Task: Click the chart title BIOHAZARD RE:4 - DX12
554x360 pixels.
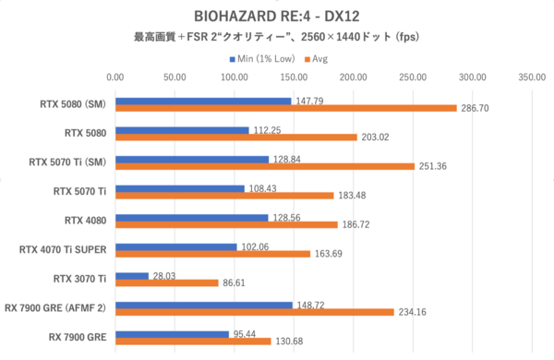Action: click(277, 16)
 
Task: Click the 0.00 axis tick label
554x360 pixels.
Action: click(116, 78)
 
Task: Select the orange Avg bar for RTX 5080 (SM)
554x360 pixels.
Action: click(286, 108)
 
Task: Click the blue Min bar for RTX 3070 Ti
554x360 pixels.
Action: click(132, 275)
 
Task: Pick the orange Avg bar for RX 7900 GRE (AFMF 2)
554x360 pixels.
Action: click(255, 312)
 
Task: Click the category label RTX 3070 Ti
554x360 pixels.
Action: click(79, 280)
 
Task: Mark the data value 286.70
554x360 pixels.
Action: click(476, 108)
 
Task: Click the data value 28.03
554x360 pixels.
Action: click(165, 274)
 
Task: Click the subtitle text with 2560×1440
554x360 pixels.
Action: click(277, 38)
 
